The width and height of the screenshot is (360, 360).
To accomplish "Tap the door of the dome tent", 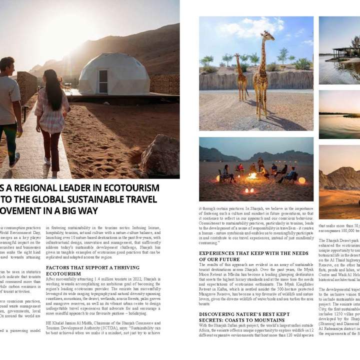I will [102, 81].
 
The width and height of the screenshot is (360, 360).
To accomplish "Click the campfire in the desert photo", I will [253, 176].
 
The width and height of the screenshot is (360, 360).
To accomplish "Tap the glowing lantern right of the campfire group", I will [301, 180].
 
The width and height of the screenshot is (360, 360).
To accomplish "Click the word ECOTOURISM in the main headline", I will [132, 188].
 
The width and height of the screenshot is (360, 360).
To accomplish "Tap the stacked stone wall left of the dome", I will [27, 85].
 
